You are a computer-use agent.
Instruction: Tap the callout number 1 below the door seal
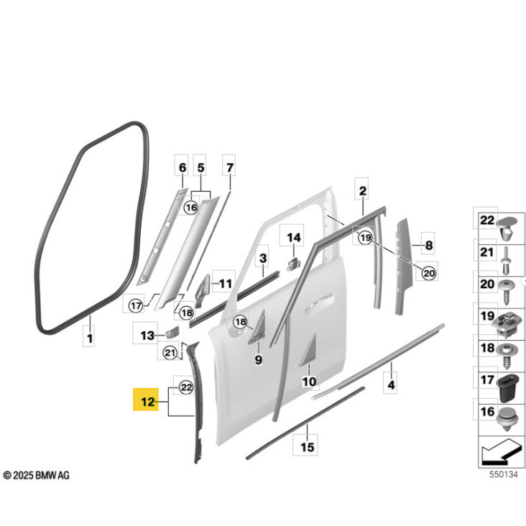tap(90, 338)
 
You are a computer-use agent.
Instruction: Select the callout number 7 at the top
tap(229, 167)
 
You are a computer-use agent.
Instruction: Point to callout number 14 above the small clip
tap(293, 238)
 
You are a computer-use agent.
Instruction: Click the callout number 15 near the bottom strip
tap(307, 447)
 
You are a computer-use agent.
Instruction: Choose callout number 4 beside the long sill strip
tap(391, 384)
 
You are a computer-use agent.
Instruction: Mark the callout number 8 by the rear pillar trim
tap(429, 245)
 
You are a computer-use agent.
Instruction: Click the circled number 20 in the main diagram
tap(429, 273)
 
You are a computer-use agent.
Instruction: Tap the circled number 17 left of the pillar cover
tap(136, 305)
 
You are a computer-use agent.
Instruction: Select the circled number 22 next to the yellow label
tap(186, 387)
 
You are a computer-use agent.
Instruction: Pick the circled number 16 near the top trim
tap(191, 208)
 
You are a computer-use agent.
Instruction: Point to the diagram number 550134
tap(504, 474)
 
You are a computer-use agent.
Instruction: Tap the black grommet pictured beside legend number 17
tap(509, 389)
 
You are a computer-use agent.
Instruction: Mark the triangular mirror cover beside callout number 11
tap(203, 288)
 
